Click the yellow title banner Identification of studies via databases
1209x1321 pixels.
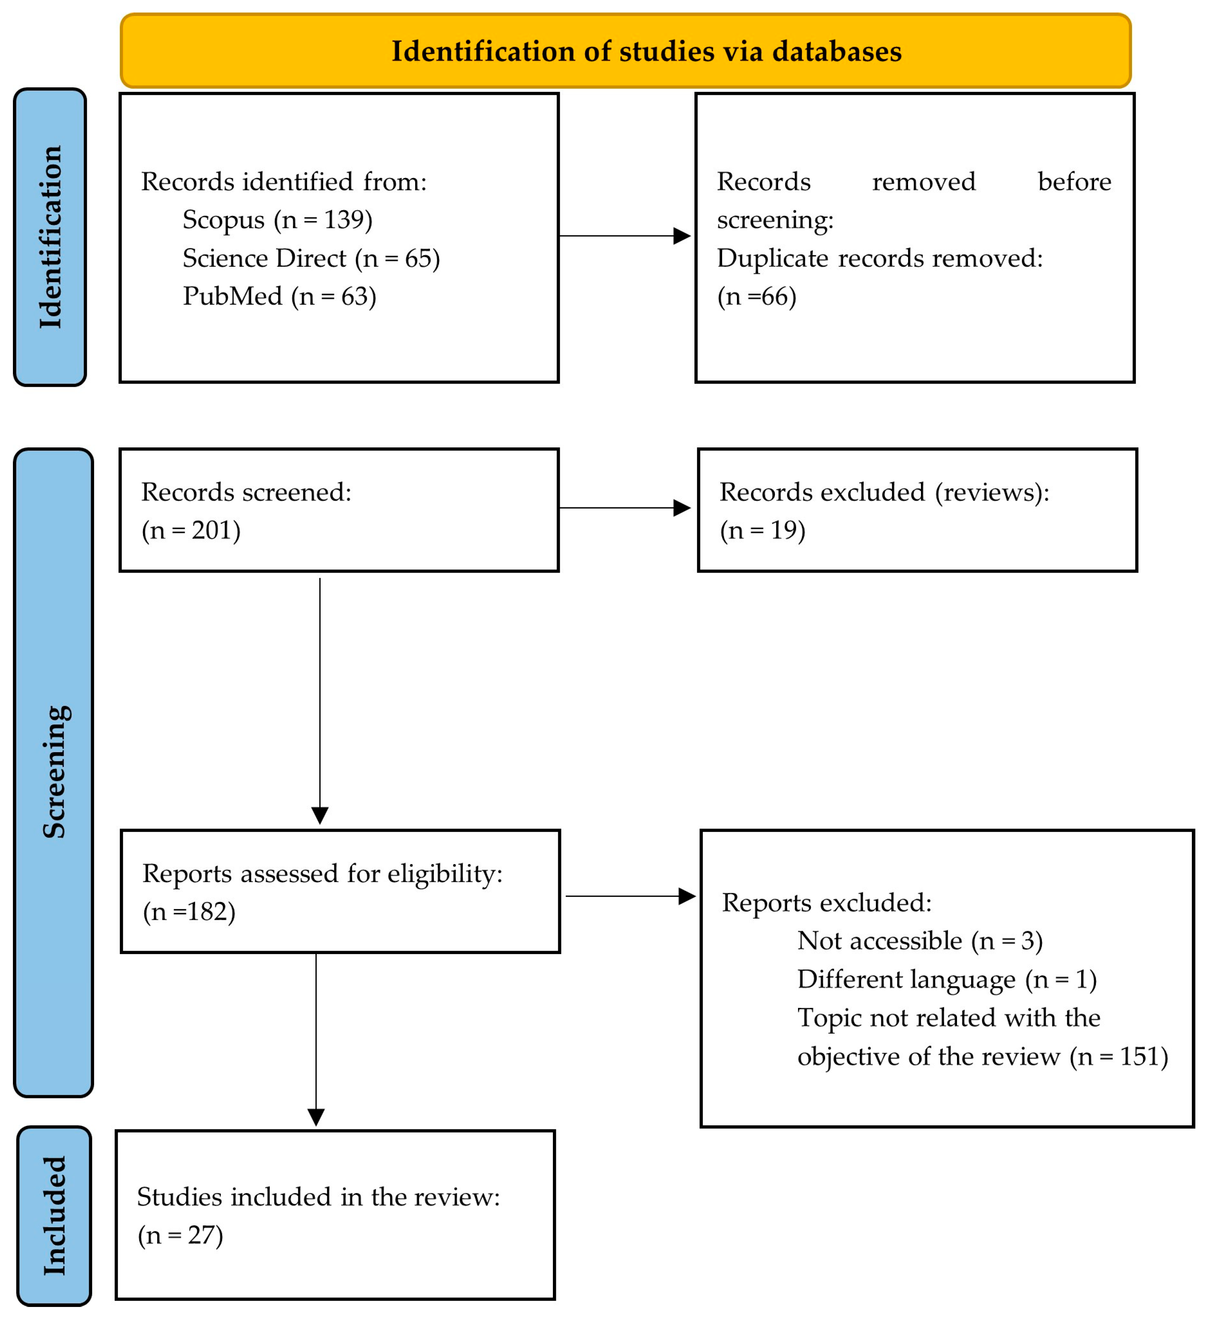point(626,51)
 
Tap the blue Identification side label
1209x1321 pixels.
point(50,237)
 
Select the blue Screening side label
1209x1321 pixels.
point(54,773)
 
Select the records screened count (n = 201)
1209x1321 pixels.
point(191,531)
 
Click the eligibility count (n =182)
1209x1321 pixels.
point(189,912)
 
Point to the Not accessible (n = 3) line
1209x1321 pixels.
point(920,942)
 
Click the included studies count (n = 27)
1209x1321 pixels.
point(180,1236)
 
